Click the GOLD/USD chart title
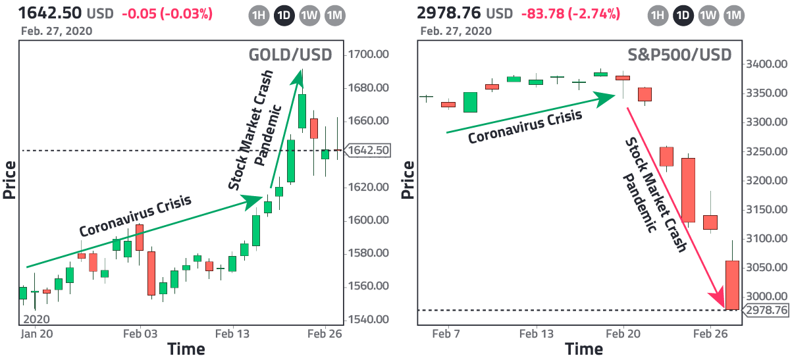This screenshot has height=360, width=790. tap(290, 55)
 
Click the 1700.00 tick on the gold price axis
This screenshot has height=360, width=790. tap(369, 55)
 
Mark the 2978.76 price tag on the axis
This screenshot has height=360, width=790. tap(766, 310)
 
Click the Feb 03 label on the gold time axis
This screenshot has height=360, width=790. tap(141, 334)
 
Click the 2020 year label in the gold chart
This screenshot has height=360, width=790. tap(36, 319)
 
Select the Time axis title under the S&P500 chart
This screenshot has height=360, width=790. tap(584, 348)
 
